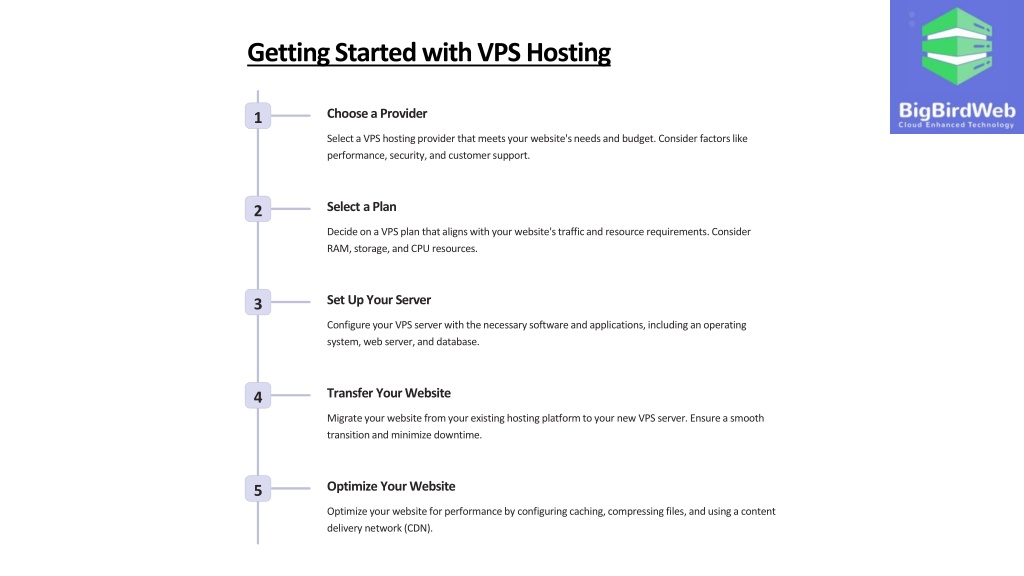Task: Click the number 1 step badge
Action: coord(258,116)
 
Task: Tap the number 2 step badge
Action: coord(258,210)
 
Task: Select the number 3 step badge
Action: coord(258,303)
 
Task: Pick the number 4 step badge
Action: coord(258,396)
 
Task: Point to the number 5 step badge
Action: coord(258,489)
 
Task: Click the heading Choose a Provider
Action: coord(377,114)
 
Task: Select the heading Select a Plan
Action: coord(362,206)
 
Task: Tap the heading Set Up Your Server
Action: coord(379,300)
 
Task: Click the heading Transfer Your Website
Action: coord(389,393)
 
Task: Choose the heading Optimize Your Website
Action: coord(391,487)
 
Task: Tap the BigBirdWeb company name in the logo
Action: coord(957,110)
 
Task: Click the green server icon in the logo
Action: coord(957,46)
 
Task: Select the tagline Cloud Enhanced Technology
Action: coord(956,125)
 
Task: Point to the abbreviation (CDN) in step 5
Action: coord(418,528)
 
